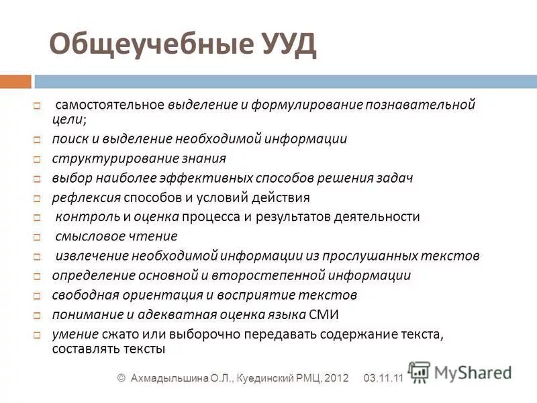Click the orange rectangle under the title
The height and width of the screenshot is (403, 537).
(x=15, y=81)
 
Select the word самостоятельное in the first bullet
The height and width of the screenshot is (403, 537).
(x=109, y=105)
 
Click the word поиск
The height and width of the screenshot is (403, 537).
(x=68, y=140)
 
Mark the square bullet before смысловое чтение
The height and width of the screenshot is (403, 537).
(x=38, y=237)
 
